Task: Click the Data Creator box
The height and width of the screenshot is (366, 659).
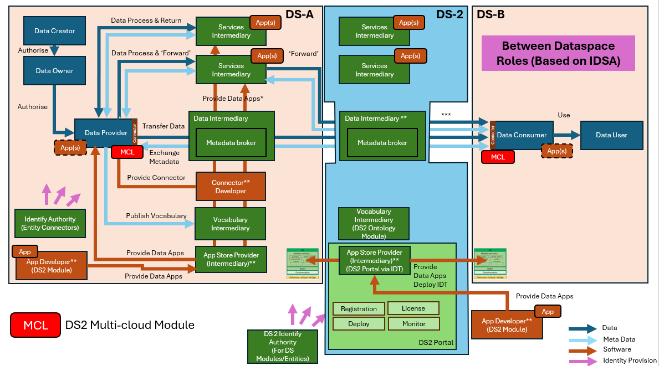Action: [x=54, y=31]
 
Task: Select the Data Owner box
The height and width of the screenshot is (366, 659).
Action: [x=54, y=71]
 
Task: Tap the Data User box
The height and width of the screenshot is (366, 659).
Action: [x=611, y=135]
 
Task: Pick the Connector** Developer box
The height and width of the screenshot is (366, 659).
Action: [x=231, y=187]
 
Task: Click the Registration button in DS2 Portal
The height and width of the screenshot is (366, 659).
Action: [x=359, y=309]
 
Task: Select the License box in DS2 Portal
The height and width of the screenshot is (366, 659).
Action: [x=413, y=308]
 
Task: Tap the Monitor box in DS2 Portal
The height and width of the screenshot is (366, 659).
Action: [x=413, y=323]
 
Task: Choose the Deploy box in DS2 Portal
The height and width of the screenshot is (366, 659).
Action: [x=359, y=324]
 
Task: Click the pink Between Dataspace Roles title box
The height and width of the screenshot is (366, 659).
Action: [x=558, y=53]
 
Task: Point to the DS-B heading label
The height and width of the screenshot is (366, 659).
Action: [x=491, y=14]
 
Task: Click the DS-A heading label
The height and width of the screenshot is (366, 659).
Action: [x=299, y=14]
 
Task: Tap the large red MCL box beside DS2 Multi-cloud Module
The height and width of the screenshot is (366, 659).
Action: [x=35, y=325]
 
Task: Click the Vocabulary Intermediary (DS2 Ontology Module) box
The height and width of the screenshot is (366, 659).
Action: [x=374, y=224]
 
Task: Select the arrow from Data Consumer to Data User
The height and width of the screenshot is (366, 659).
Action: [x=565, y=135]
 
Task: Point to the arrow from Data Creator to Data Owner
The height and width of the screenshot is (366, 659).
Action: [x=54, y=50]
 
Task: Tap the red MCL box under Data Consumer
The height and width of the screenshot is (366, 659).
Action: [x=498, y=157]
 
